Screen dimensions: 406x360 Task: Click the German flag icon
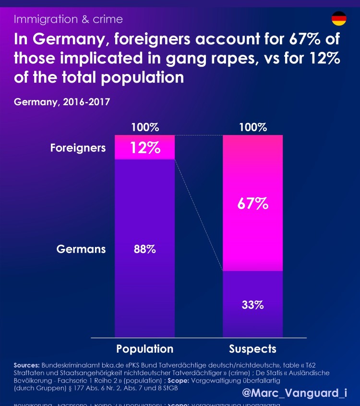coord(339,19)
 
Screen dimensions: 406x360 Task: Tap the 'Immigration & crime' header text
coord(68,19)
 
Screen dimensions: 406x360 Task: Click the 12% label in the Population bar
coord(145,148)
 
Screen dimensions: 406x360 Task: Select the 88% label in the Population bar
coord(144,249)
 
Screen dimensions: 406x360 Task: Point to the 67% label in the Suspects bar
coord(252,203)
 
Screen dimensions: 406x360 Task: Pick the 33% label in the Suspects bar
coord(252,305)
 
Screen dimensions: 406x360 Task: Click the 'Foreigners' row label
coord(78,148)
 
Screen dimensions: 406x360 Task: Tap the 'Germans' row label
coord(81,249)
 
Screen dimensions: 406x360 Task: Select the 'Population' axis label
coord(144,349)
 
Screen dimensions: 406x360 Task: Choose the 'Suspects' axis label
coord(252,349)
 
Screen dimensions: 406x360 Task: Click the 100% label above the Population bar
coord(144,128)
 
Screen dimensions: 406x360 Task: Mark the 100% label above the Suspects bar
coord(252,128)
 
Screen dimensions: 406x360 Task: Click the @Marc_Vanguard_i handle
coord(294,393)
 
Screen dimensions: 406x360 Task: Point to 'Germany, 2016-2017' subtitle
coord(62,102)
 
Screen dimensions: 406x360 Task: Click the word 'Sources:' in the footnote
coord(27,365)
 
